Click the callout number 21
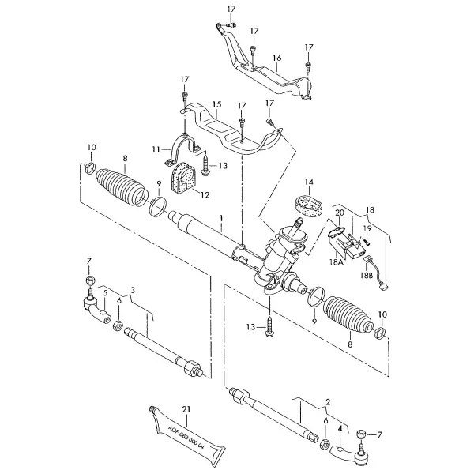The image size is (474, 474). tap(186, 409)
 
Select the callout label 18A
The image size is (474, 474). tap(337, 262)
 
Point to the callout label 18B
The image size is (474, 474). tap(367, 275)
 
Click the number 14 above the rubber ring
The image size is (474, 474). tap(309, 182)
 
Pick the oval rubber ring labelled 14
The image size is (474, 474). tap(309, 207)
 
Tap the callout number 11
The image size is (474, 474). tap(156, 149)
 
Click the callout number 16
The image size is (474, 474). tap(277, 58)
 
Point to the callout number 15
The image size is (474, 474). tap(216, 104)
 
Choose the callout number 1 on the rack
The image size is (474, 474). tap(221, 218)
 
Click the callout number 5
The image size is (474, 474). tap(105, 293)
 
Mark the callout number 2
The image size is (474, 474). tap(328, 402)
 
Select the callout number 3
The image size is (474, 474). tap(132, 290)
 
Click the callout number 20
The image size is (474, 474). tap(340, 213)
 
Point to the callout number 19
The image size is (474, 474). tap(367, 228)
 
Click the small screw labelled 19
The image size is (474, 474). tap(366, 241)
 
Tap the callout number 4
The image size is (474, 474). tap(340, 428)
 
